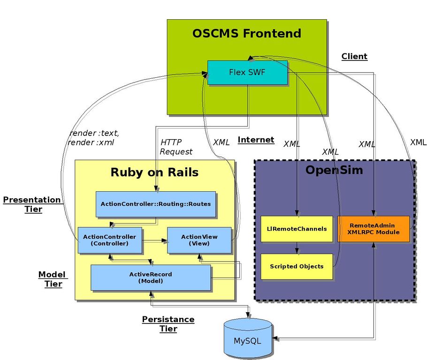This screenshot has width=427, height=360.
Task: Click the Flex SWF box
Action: (247, 73)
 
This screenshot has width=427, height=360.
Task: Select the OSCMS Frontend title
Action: (247, 33)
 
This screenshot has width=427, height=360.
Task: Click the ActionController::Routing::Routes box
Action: (156, 204)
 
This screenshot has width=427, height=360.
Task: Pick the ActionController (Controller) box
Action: (109, 240)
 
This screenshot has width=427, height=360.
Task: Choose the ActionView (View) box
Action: (199, 240)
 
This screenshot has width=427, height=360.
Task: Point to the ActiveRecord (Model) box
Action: (151, 277)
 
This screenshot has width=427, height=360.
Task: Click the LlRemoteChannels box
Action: (297, 229)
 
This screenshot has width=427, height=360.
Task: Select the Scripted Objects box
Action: (297, 266)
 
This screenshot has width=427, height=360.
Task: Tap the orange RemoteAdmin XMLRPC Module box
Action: (374, 229)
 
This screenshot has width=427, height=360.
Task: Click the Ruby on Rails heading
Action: (154, 172)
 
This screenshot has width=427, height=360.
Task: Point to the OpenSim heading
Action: (334, 170)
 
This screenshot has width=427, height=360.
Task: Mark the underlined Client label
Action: (354, 56)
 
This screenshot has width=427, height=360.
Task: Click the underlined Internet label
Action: (256, 140)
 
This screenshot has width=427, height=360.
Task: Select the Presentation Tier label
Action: (32, 204)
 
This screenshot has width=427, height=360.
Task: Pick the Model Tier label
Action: (53, 279)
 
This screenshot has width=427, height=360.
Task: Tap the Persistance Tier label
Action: (168, 324)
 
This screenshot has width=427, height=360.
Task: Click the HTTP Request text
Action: (176, 147)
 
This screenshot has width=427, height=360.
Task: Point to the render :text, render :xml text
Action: (94, 138)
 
